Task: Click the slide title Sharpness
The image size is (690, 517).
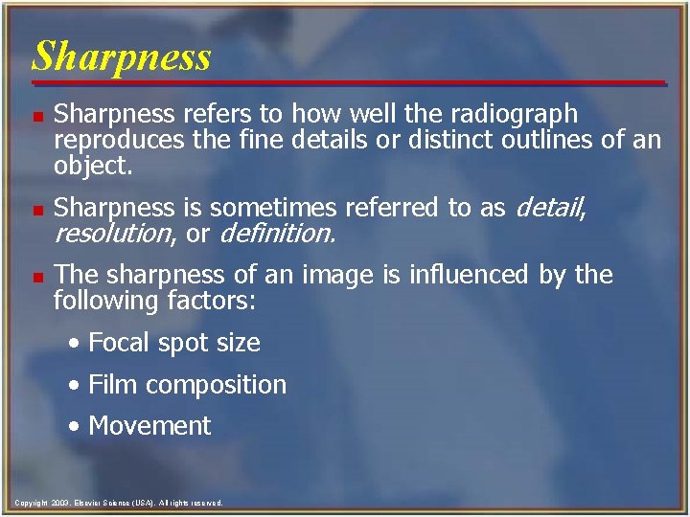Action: click(121, 56)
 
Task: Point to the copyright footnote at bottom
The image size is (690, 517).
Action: click(119, 502)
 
